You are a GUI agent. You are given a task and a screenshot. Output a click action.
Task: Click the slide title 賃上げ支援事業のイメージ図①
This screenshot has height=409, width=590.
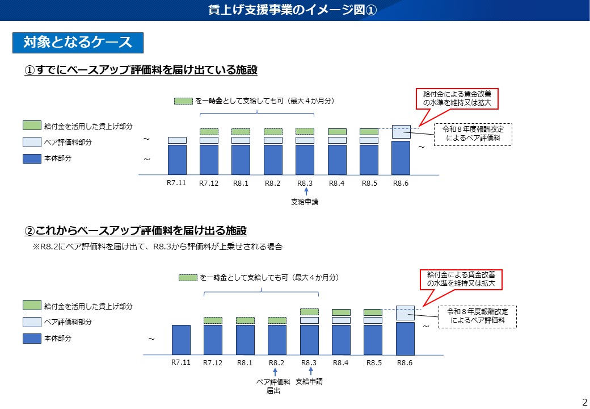click(295, 10)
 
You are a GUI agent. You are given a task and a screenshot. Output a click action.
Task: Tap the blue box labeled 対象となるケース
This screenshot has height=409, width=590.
click(78, 43)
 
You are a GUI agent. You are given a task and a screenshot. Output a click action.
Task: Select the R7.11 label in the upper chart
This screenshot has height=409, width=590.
click(177, 183)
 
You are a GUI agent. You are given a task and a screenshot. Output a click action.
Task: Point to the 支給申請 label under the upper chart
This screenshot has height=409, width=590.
click(305, 202)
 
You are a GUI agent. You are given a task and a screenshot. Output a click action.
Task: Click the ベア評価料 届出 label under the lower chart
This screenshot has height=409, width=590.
click(275, 386)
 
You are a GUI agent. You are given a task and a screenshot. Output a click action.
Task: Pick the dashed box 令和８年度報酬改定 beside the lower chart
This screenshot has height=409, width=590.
click(478, 316)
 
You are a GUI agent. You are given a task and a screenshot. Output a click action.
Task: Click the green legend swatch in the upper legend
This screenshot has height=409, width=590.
click(32, 125)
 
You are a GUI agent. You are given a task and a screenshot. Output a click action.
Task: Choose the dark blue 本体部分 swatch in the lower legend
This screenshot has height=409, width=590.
click(32, 338)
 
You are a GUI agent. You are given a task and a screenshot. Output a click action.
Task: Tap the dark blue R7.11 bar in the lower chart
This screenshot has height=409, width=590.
click(181, 340)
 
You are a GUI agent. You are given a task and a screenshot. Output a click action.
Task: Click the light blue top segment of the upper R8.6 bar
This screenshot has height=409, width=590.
click(401, 132)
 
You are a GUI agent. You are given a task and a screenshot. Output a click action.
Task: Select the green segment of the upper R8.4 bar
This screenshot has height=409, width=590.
click(337, 132)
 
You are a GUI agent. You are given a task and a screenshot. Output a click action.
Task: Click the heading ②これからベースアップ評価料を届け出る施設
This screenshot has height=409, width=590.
click(136, 231)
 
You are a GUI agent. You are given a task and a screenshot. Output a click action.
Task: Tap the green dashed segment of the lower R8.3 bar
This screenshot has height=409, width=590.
click(309, 311)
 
